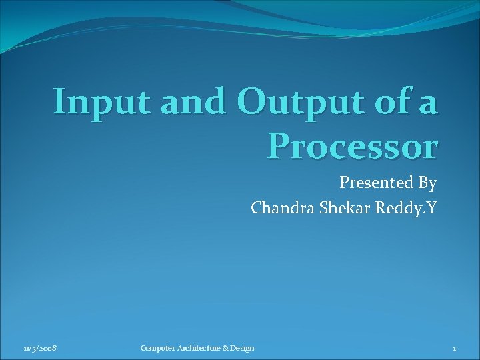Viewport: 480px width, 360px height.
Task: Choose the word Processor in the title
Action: (x=352, y=145)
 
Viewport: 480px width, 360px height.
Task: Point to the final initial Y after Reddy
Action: (x=432, y=208)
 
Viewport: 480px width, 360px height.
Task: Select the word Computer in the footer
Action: (x=157, y=349)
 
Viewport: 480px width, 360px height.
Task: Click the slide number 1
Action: (x=454, y=349)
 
